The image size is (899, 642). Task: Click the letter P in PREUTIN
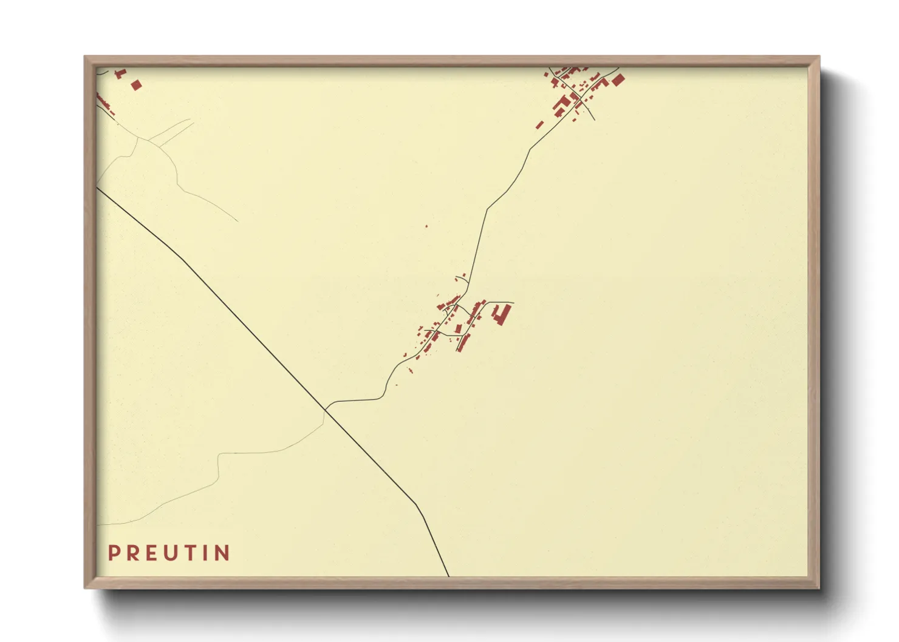click(x=114, y=553)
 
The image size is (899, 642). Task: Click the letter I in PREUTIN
click(x=208, y=553)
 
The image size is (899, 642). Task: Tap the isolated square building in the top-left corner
click(x=136, y=85)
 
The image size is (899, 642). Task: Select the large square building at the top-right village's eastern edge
click(x=618, y=79)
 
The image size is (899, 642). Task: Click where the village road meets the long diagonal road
click(x=326, y=410)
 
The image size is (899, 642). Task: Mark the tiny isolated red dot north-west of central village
click(x=426, y=226)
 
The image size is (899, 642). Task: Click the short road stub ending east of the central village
click(x=513, y=302)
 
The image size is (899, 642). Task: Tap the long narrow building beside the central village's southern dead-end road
click(x=463, y=343)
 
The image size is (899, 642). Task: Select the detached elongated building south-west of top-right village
click(x=539, y=125)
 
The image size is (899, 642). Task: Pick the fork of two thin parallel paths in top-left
click(x=148, y=140)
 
